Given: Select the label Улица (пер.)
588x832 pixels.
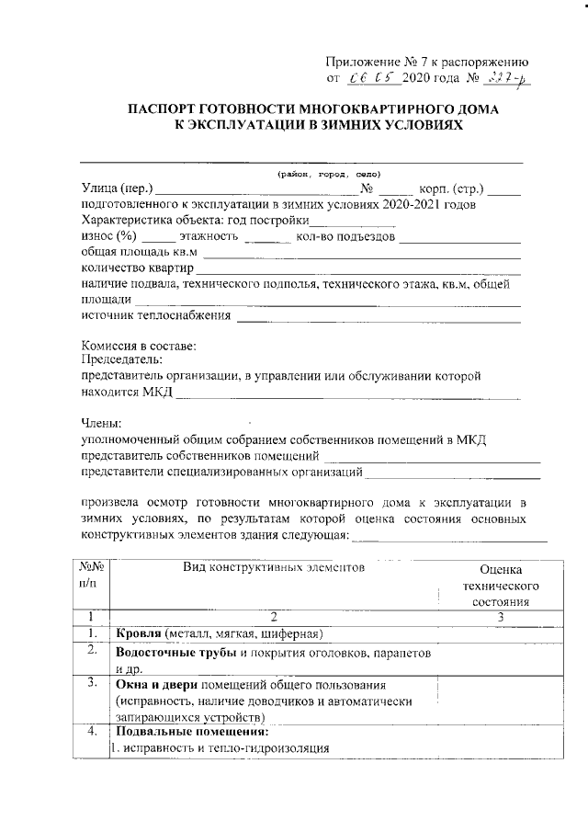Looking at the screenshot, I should (x=118, y=188).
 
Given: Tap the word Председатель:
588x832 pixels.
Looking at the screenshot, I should (x=122, y=359).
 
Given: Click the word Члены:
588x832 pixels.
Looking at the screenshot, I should (x=101, y=424).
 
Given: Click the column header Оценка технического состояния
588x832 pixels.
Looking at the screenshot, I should (x=501, y=586).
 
